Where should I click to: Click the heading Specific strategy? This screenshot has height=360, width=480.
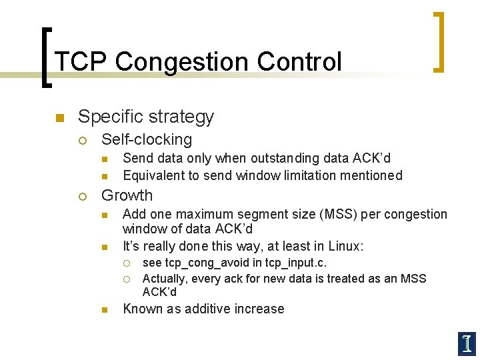(145, 117)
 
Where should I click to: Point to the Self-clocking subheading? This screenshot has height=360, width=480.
(146, 139)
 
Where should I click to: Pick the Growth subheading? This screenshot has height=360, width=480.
(127, 195)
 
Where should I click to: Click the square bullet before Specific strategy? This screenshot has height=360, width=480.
(59, 118)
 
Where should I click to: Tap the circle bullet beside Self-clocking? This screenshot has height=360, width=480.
(82, 140)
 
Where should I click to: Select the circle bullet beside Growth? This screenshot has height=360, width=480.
(82, 196)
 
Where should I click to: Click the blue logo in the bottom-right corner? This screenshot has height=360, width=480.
(467, 343)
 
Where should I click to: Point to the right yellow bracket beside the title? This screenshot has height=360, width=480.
(438, 41)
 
